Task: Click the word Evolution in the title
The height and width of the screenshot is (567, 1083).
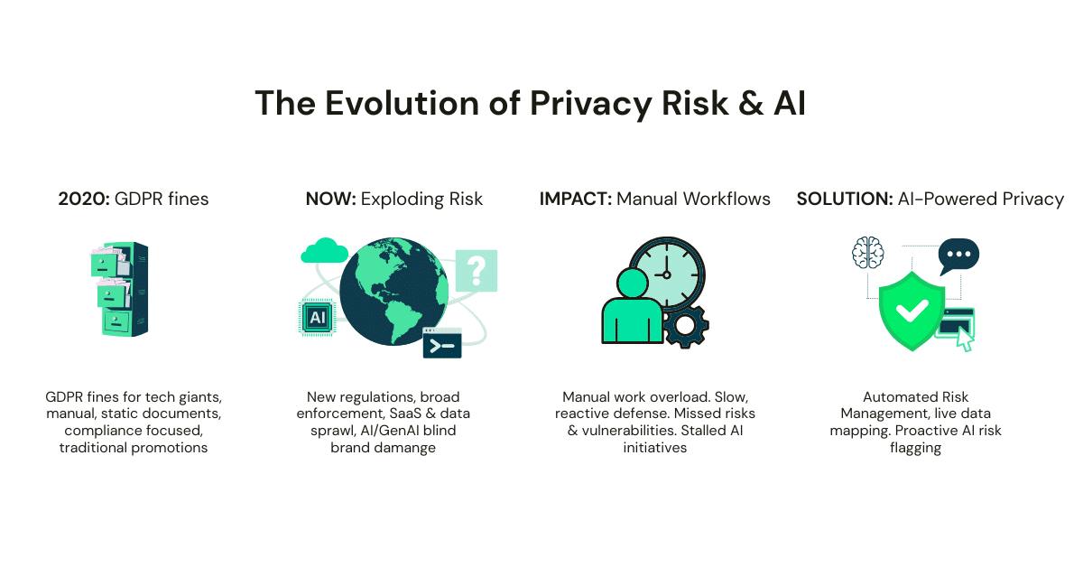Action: [x=402, y=103]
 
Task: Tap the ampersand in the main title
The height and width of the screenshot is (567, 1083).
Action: [x=751, y=103]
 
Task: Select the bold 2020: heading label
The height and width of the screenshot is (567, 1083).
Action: [x=84, y=199]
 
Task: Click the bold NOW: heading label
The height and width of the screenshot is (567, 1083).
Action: [x=330, y=199]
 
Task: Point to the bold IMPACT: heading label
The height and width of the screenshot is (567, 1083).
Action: [x=576, y=199]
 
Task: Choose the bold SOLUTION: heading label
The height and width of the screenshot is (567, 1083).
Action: [x=845, y=199]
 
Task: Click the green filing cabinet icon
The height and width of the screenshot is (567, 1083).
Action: [x=119, y=289]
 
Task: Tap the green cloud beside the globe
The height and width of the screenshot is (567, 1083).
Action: [x=324, y=251]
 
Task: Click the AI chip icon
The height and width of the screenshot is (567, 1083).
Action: [x=317, y=318]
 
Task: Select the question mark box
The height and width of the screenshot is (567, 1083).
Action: [x=477, y=271]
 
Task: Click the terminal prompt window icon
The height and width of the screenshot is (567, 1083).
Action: [x=442, y=343]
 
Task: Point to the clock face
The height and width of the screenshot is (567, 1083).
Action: [x=667, y=274]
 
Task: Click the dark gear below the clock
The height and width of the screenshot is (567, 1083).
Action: [x=686, y=326]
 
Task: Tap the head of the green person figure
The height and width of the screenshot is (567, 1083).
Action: [x=633, y=283]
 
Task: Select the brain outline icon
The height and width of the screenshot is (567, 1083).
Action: [x=868, y=252]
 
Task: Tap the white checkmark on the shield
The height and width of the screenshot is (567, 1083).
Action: [x=912, y=310]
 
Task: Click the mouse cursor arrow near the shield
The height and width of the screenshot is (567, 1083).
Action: [x=965, y=339]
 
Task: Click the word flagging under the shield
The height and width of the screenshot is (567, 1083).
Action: [x=915, y=448]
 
